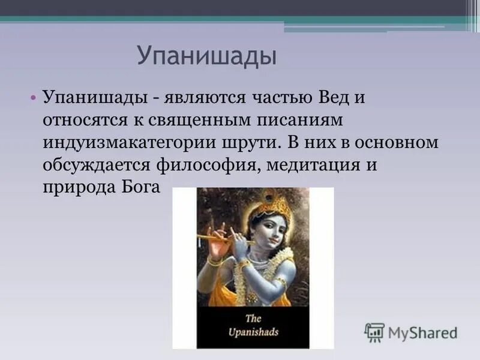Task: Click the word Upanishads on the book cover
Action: coord(253,331)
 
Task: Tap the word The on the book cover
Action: coord(253,318)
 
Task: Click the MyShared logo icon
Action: coord(374,332)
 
